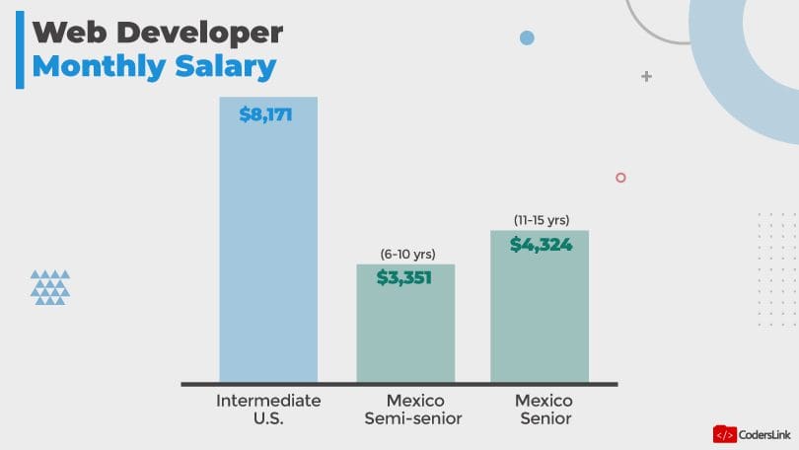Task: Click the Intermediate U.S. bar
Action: (268, 247)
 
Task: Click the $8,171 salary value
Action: (266, 114)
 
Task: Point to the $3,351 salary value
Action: (404, 277)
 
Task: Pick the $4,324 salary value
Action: (541, 244)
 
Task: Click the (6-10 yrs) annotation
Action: (407, 255)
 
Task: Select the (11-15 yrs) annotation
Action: (542, 220)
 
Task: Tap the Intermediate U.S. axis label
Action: (268, 410)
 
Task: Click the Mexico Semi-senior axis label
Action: (414, 410)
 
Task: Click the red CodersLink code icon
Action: (724, 433)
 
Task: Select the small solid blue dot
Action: (527, 38)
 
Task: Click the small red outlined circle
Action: (620, 178)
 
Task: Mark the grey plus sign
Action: (646, 75)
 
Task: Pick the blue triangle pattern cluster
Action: (50, 286)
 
